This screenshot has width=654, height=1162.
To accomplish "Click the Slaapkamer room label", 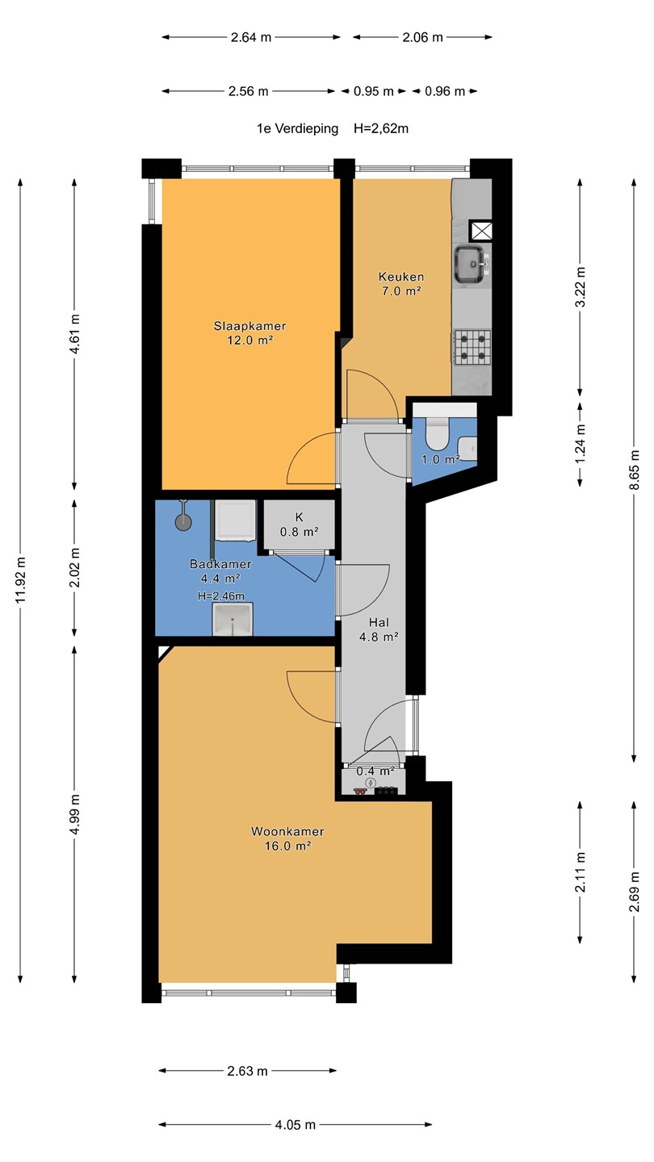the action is pyautogui.click(x=249, y=326).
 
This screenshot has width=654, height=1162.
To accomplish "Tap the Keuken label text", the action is pyautogui.click(x=401, y=277).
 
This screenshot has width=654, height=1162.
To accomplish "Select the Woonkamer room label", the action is pyautogui.click(x=287, y=831).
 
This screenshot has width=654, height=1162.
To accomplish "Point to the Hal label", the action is pyautogui.click(x=379, y=622).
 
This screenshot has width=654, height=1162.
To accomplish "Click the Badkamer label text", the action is pyautogui.click(x=220, y=564).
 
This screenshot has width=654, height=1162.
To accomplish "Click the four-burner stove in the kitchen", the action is pyautogui.click(x=472, y=346).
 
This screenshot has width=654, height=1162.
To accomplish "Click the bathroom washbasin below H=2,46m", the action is pyautogui.click(x=233, y=619).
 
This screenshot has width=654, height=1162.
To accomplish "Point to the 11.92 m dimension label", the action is pyautogui.click(x=20, y=579).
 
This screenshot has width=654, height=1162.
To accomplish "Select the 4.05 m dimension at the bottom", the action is pyautogui.click(x=296, y=1125).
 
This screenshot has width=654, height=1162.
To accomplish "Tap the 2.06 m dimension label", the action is pyautogui.click(x=422, y=37).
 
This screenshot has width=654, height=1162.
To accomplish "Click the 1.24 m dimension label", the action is pyautogui.click(x=581, y=444).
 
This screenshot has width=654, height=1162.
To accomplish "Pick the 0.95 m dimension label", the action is pyautogui.click(x=374, y=91).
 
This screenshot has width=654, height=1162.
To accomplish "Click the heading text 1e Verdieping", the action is pyautogui.click(x=297, y=128).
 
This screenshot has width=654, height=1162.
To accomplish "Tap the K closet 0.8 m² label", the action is pyautogui.click(x=299, y=525).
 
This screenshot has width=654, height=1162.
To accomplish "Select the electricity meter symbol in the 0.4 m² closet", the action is pyautogui.click(x=371, y=783).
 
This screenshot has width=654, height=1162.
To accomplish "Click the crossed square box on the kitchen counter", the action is pyautogui.click(x=480, y=231).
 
